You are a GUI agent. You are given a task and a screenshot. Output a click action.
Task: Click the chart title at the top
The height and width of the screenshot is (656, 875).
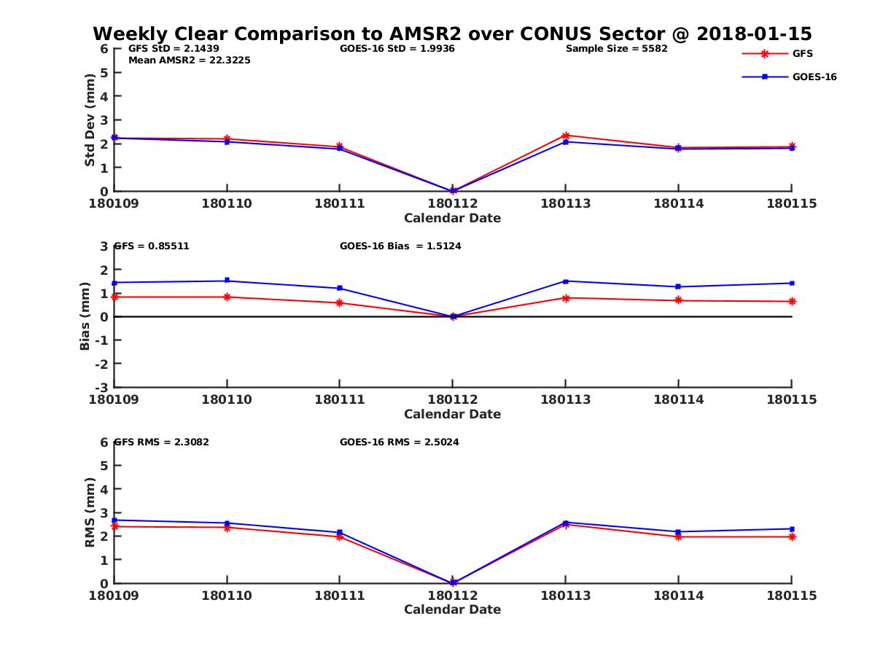[452, 34]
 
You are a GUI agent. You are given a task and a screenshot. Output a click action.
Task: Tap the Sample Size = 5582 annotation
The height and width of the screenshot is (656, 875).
[616, 49]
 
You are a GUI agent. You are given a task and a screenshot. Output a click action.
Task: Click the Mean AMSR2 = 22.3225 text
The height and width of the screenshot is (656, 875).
[189, 60]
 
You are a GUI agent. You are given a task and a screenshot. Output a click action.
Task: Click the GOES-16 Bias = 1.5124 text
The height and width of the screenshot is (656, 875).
[400, 246]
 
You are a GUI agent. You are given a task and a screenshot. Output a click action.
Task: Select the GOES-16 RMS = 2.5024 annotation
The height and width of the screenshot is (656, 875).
[399, 442]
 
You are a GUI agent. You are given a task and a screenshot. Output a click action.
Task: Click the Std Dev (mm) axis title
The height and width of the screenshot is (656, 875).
[90, 120]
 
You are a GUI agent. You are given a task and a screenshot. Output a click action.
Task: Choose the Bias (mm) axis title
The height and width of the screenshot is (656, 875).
[85, 316]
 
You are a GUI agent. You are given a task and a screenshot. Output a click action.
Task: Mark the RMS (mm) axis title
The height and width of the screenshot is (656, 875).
[90, 512]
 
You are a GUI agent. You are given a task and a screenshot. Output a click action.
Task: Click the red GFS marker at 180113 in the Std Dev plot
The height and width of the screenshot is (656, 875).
[565, 136]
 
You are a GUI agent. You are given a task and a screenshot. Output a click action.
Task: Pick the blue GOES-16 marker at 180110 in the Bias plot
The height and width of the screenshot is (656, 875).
[227, 281]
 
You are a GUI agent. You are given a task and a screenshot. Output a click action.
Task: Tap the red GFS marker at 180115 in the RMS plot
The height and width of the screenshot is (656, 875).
[792, 536]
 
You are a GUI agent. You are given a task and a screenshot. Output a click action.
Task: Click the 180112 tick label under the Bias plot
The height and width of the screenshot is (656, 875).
[452, 399]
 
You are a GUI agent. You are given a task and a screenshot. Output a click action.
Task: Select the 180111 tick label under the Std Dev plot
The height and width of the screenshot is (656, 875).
[339, 203]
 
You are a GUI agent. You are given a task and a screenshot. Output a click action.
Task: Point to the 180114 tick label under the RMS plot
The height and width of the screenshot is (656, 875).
[678, 596]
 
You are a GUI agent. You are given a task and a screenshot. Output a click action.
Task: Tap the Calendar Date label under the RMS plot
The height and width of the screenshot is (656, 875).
[452, 609]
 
